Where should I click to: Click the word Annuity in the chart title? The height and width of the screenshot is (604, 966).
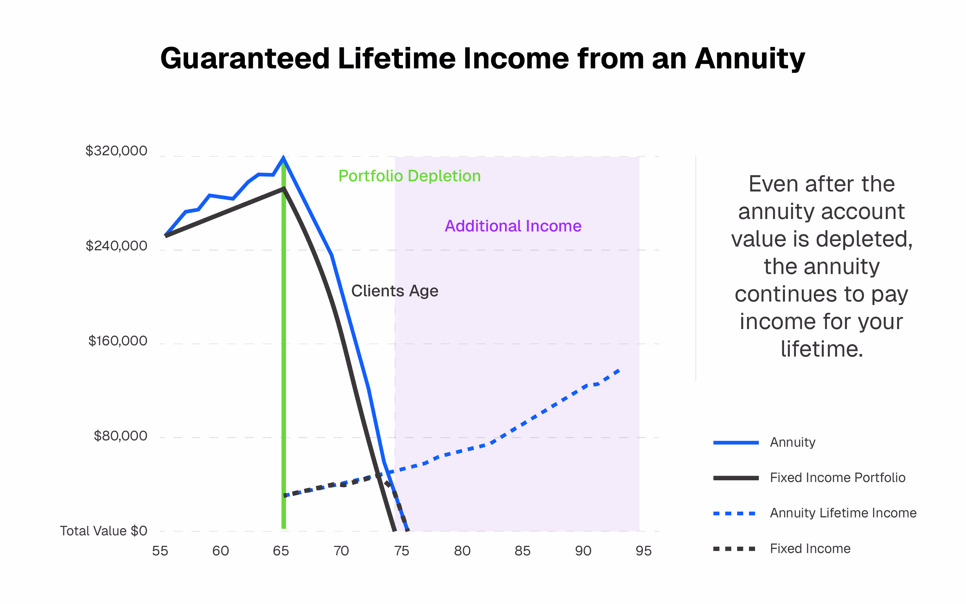coord(750,59)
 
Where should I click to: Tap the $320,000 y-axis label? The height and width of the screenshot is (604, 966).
coord(116,151)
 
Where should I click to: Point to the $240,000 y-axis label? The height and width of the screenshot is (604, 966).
coord(116,246)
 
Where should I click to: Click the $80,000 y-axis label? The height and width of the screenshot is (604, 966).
coord(120,436)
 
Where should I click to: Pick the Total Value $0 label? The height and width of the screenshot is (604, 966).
coord(103,531)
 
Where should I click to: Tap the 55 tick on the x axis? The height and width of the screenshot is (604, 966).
coord(160,551)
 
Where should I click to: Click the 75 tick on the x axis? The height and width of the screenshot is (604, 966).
coord(402,551)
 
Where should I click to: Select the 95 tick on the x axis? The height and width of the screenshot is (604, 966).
coord(643,551)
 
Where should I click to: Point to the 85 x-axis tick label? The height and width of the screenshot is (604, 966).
coord(522,551)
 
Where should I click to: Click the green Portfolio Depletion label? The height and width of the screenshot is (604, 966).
coord(409,176)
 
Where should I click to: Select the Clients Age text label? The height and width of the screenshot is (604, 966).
coord(394,291)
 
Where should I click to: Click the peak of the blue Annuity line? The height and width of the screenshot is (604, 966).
coord(283,158)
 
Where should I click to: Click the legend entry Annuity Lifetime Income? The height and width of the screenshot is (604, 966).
coord(843,513)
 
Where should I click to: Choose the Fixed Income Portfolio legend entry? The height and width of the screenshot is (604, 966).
coord(837,478)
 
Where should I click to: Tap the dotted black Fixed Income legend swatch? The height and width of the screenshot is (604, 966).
coord(734,549)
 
